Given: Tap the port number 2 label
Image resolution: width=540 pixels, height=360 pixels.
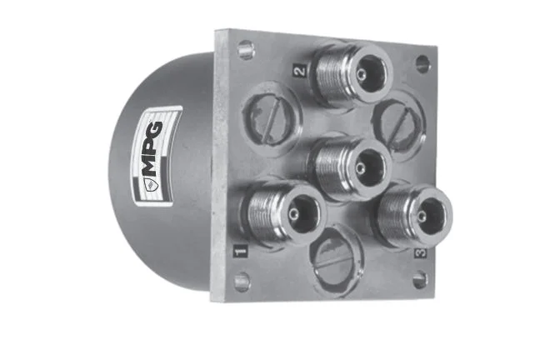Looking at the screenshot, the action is tap(300, 71).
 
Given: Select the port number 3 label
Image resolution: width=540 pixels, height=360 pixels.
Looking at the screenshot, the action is tap(420, 253).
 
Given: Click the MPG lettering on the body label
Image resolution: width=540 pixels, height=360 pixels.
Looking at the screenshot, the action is tap(152, 148).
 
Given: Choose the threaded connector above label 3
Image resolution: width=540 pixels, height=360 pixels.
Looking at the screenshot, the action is tap(413, 216).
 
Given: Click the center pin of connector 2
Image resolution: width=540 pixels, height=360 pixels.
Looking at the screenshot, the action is tap(361, 74).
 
